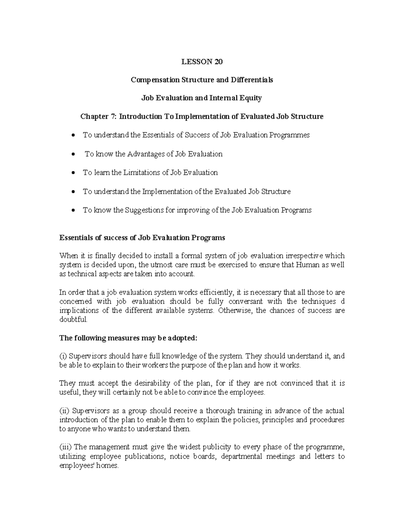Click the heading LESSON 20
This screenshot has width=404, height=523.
point(202,62)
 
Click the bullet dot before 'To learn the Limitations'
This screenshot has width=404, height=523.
point(74,173)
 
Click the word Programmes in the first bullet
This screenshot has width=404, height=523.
point(289,135)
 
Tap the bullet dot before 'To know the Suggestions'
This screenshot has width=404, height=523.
point(74,211)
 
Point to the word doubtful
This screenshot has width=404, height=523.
point(73,319)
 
